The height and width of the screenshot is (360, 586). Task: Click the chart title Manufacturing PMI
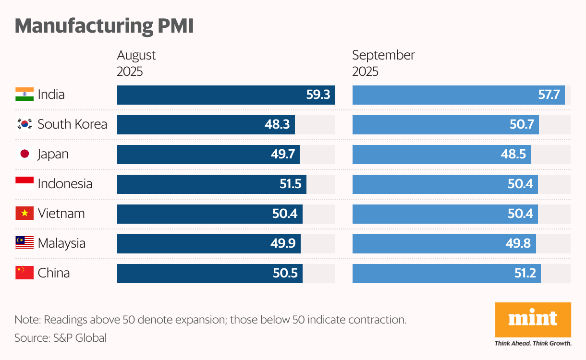104,26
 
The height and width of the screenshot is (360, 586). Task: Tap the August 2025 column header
136,63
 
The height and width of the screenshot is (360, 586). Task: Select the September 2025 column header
383,63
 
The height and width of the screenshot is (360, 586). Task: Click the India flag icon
24,95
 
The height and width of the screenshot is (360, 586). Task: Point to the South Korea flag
24,124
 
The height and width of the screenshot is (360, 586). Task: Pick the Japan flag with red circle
24,154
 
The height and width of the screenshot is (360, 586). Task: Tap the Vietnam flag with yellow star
24,214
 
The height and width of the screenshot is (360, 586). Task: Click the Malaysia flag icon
24,243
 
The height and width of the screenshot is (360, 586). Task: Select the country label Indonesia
65,184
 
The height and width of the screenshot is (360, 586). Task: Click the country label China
54,273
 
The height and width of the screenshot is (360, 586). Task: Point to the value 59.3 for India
318,95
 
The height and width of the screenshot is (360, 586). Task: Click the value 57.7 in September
549,95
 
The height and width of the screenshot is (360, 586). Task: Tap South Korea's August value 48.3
277,125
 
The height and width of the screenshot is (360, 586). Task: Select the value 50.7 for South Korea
522,125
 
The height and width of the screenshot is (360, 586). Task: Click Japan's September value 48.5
514,155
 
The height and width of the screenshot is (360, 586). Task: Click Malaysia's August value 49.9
283,244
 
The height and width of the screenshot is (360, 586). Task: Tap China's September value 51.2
524,274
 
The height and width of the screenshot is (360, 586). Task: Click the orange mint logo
533,319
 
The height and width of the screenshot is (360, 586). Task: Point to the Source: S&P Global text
61,338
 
